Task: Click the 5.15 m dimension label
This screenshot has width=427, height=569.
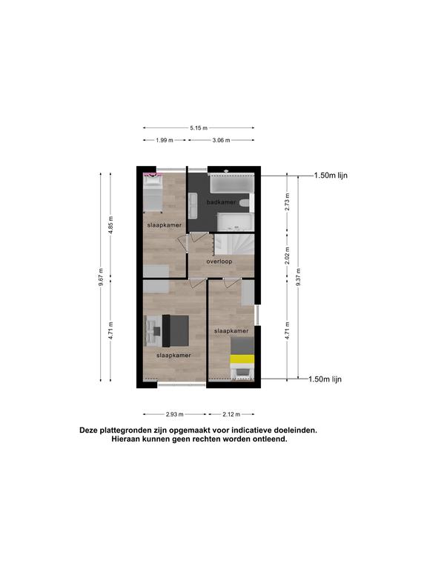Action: [199, 127]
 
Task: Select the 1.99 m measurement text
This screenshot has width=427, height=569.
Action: [165, 140]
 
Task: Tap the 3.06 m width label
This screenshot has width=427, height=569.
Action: [221, 140]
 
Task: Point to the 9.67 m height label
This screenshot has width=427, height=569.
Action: [101, 277]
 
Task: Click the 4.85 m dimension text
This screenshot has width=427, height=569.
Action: [111, 225]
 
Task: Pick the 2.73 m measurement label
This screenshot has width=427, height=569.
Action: [287, 202]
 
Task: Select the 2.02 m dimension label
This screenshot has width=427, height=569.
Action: [287, 256]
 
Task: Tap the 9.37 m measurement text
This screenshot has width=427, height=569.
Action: [298, 277]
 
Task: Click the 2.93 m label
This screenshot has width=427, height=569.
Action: [175, 414]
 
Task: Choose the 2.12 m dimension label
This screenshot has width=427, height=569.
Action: [231, 414]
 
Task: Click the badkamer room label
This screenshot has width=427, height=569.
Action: [221, 202]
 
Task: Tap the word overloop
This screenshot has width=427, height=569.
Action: [219, 262]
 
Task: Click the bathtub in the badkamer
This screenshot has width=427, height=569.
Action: [231, 184]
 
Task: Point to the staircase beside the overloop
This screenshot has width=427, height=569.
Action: [234, 244]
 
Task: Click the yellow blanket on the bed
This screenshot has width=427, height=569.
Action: [242, 359]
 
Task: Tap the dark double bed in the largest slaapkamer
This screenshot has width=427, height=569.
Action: [176, 330]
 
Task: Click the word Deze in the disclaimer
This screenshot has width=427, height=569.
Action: [89, 430]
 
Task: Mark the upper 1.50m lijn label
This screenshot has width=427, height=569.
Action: [331, 176]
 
